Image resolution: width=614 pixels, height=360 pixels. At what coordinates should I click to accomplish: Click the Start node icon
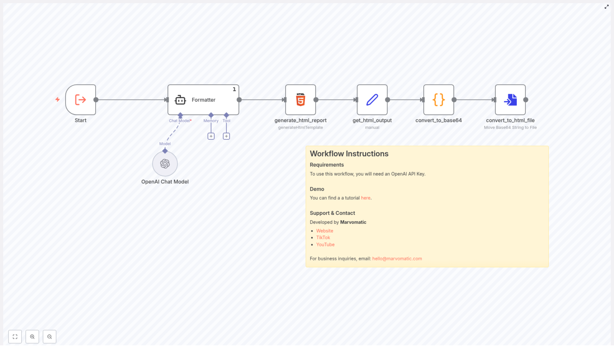click(x=81, y=100)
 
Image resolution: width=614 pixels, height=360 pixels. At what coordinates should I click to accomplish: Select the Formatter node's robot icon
click(x=180, y=100)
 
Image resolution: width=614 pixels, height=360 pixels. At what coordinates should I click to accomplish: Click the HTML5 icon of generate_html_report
click(x=300, y=100)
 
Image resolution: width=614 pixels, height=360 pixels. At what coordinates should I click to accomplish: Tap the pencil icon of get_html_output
click(x=372, y=100)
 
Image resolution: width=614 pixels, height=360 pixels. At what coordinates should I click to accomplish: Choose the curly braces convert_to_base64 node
click(x=439, y=100)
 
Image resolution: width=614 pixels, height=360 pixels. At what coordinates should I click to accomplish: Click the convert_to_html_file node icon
click(x=510, y=100)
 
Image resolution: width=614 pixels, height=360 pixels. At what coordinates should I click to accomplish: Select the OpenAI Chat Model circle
click(x=165, y=164)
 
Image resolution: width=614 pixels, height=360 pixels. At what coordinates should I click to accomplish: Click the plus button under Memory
click(x=211, y=136)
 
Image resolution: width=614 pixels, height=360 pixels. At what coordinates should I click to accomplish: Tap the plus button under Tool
click(x=226, y=136)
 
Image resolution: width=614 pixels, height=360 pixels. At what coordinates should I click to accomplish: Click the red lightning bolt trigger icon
click(x=58, y=100)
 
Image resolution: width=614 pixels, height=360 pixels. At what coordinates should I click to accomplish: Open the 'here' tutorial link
click(x=365, y=198)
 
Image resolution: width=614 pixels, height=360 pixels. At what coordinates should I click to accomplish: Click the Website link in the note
click(x=325, y=231)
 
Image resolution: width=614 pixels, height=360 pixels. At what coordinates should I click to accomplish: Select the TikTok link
click(x=323, y=238)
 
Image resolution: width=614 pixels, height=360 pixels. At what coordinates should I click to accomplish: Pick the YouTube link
click(x=325, y=244)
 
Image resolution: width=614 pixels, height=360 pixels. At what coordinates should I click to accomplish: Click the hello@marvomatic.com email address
click(x=397, y=259)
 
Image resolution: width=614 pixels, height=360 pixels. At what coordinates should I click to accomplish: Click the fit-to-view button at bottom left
click(x=15, y=337)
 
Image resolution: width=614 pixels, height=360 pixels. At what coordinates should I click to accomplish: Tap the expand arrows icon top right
click(x=607, y=7)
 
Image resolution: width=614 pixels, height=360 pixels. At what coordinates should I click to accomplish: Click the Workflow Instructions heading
click(x=349, y=154)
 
